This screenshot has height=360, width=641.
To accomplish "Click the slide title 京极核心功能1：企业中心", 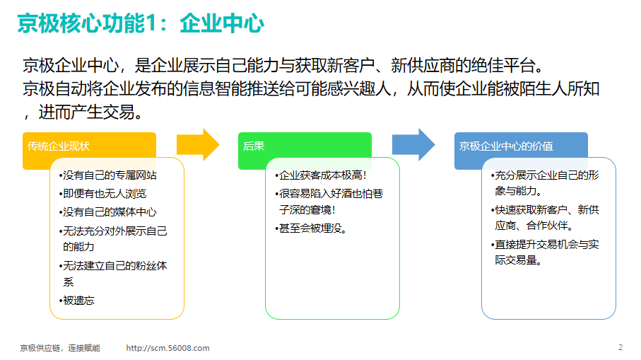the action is pos(141,23).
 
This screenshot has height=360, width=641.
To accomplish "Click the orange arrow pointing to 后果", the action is pos(198,145).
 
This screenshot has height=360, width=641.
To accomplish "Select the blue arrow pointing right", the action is pos(413,145).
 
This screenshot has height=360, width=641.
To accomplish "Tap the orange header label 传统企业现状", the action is pos(59,146).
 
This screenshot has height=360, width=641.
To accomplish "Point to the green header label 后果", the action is pos(254,146).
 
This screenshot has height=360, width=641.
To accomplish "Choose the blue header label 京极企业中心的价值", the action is pos(506,146).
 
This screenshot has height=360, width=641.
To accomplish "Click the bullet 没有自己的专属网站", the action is pos(108,175).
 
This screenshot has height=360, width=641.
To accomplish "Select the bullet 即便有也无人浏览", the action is pos(102,194).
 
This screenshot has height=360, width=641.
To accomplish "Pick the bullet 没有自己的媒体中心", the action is pos(108,212).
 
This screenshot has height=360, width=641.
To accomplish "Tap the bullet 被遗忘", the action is pos(77,301).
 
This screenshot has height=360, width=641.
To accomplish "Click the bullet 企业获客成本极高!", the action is pos(321,175).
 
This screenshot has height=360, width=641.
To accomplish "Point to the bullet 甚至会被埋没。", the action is pos(311,228).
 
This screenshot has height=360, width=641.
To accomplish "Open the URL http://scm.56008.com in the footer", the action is pos(167,348).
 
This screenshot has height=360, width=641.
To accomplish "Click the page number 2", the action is pos(621,347).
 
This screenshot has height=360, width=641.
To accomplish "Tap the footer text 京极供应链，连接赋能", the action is pos(60,348).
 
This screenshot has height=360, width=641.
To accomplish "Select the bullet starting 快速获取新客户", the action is pos(545,218).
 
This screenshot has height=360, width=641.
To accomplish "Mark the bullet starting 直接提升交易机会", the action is pos(545,252).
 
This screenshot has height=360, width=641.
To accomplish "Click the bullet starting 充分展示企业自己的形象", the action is pos(545,183).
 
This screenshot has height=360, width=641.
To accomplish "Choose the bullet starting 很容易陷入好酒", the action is pos(329,202).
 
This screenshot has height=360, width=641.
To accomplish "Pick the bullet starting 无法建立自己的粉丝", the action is pos(113,274).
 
